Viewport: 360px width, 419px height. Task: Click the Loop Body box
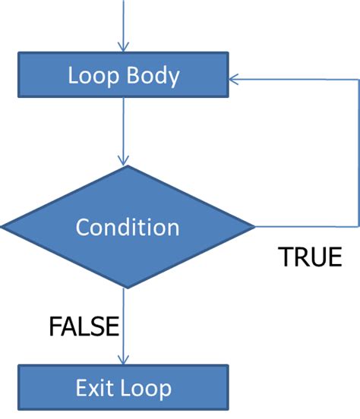[123, 76]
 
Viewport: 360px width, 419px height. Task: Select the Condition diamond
[128, 227]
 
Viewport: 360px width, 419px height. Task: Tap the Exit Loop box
[123, 388]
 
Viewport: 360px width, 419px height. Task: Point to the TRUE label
[311, 257]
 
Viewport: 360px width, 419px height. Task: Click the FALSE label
[84, 326]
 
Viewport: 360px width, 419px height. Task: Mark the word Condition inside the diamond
[128, 227]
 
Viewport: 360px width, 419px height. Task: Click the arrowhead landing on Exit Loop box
[123, 359]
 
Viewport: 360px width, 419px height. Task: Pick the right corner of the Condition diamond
[253, 227]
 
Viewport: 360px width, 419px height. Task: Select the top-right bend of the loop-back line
[357, 77]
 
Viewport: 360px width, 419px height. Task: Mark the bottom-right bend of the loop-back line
[357, 227]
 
